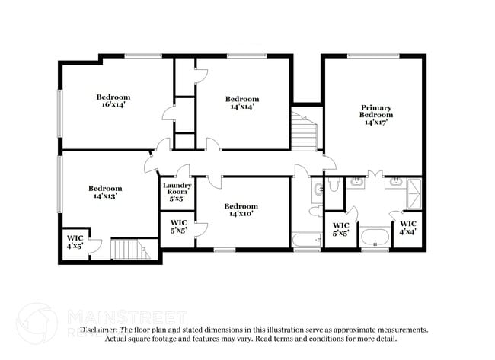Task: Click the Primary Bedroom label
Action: pyautogui.click(x=376, y=114)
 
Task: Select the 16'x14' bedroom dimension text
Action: pyautogui.click(x=113, y=106)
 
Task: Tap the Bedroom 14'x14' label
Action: pyautogui.click(x=242, y=103)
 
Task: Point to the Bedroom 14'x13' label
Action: pyautogui.click(x=104, y=192)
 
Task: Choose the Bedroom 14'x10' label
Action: pyautogui.click(x=241, y=210)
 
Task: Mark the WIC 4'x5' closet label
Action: pyautogui.click(x=75, y=242)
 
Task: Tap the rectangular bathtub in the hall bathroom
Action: pyautogui.click(x=308, y=241)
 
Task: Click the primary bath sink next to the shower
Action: pyautogui.click(x=394, y=182)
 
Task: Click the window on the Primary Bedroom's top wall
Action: pyautogui.click(x=373, y=55)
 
